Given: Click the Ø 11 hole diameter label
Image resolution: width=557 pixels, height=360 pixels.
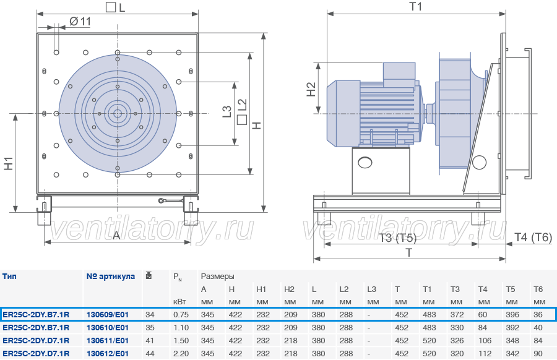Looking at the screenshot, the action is (x=80, y=21).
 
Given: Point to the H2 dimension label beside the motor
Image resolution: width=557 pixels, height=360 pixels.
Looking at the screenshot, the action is (x=311, y=89).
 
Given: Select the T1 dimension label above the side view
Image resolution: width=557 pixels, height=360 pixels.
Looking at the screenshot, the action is (x=416, y=6).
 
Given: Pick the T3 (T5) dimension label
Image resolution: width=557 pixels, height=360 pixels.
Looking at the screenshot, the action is (x=397, y=238).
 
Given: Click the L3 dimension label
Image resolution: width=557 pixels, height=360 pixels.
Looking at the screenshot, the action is (x=227, y=111).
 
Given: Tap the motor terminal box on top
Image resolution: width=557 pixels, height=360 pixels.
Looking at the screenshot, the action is (x=399, y=75).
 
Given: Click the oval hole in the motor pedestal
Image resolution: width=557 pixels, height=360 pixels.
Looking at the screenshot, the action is (x=365, y=163).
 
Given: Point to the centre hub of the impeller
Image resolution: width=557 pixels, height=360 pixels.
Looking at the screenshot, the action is (x=117, y=114).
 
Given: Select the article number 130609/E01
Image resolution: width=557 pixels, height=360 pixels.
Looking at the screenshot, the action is (x=108, y=315).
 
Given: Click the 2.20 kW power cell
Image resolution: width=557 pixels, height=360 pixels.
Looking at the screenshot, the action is (x=181, y=354).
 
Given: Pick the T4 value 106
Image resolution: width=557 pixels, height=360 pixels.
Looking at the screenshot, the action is (x=485, y=340).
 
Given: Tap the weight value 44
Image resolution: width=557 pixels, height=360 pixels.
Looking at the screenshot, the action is (x=150, y=354).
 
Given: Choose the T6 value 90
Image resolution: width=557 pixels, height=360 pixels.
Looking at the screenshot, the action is (x=538, y=354).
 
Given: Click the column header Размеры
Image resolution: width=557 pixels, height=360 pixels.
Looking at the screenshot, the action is (x=217, y=276).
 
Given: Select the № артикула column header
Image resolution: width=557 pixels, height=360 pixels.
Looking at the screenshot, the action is (x=111, y=276).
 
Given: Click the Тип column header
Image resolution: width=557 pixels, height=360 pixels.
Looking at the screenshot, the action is (x=9, y=276).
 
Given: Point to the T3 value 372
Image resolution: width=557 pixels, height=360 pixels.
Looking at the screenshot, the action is (x=457, y=315).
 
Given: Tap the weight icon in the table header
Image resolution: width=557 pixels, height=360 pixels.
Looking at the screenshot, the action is (x=149, y=275).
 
